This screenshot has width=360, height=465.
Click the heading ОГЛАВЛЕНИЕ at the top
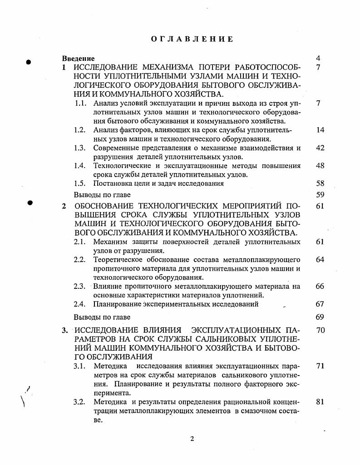(x=192, y=39)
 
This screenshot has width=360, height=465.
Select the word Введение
(x=79, y=59)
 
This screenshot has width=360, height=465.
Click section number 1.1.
(x=80, y=103)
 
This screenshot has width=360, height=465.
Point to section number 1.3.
(x=80, y=148)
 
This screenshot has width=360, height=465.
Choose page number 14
(x=320, y=130)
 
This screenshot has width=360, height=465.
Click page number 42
(x=320, y=148)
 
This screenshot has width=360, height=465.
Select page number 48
(x=320, y=166)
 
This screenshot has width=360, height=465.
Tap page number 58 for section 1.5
(x=320, y=184)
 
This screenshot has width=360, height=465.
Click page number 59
(x=320, y=195)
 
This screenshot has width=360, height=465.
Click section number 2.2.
(x=80, y=260)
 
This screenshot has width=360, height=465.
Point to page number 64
(x=320, y=260)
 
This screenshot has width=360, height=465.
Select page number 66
(x=320, y=287)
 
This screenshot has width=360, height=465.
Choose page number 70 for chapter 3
(x=320, y=330)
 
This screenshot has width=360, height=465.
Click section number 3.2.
(x=80, y=402)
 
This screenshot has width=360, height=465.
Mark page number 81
(x=320, y=402)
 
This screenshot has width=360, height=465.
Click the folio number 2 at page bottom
(x=192, y=439)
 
